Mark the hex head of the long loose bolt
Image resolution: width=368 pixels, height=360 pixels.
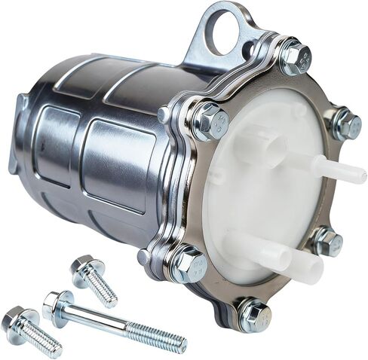pyautogui.click(x=57, y=303)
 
